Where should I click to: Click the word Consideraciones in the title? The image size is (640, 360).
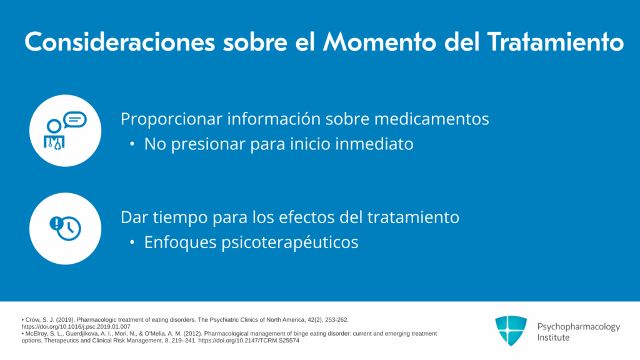119,42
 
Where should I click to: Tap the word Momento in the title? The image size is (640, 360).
379,42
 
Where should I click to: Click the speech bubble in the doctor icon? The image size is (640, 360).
75,119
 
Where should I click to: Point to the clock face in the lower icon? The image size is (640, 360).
69,229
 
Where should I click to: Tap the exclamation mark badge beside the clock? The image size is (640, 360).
56,223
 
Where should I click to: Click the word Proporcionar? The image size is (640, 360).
171,119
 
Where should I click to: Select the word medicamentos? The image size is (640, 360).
431,119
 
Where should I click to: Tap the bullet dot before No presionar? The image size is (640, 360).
132,144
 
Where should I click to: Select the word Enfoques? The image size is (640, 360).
180,242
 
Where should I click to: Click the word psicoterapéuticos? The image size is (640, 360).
290,242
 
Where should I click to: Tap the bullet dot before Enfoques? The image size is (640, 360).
132,242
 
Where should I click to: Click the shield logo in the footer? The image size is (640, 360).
511,331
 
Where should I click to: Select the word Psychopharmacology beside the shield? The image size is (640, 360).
578,326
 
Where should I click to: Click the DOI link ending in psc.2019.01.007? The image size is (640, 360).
76,326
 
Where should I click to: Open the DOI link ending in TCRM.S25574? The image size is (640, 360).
249,341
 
